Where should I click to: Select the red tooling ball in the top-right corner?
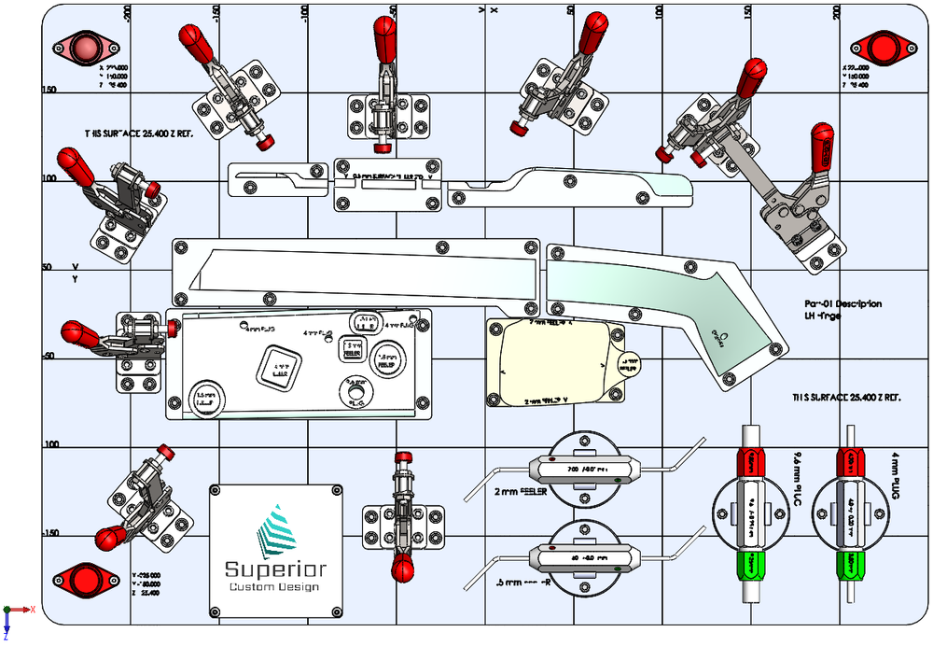click(881, 46)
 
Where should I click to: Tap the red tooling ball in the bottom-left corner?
click(86, 579)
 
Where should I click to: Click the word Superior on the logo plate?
click(275, 569)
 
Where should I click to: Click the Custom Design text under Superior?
click(273, 587)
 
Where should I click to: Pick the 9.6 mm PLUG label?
click(796, 476)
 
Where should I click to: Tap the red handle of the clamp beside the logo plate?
click(403, 567)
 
